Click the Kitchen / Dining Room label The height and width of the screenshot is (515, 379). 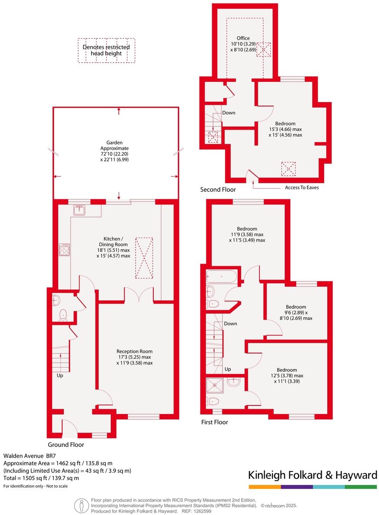point(113,247)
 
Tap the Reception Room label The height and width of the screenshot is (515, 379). point(134,357)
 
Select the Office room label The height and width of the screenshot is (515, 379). point(243,44)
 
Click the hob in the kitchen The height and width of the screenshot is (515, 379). point(64,249)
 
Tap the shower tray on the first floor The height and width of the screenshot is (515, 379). point(215,385)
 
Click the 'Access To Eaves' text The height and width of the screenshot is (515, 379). point(302,187)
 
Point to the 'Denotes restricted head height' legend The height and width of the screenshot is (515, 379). point(106,50)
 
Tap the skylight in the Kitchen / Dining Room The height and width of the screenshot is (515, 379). point(144,257)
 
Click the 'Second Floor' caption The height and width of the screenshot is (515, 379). point(218,190)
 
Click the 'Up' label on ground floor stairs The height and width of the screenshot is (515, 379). point(60,375)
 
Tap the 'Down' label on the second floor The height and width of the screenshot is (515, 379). point(229,113)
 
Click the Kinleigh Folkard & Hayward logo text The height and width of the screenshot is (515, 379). point(312,475)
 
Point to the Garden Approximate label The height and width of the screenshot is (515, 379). point(115,151)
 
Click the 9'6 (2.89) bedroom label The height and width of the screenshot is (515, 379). point(296,312)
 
